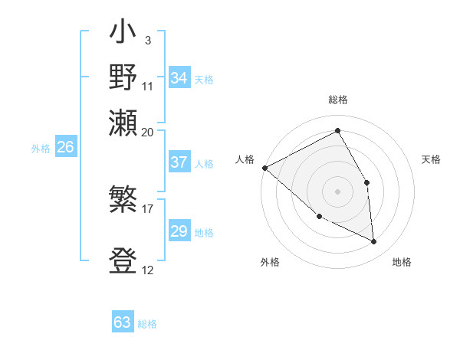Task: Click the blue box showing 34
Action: tap(179, 78)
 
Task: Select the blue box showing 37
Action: tap(179, 162)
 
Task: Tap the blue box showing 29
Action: tap(179, 231)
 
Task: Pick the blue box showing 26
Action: tap(65, 148)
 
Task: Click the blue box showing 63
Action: tap(123, 322)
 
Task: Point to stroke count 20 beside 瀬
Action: tap(148, 132)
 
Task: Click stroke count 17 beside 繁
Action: tap(148, 207)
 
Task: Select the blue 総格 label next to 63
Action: tap(148, 324)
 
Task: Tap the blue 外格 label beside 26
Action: tap(41, 149)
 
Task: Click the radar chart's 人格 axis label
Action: tap(245, 159)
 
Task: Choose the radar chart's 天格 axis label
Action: tap(431, 159)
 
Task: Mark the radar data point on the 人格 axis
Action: tap(264, 168)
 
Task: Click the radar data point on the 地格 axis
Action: tap(373, 241)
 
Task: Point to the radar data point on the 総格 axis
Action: tap(337, 131)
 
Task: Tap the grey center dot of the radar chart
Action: tap(337, 191)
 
